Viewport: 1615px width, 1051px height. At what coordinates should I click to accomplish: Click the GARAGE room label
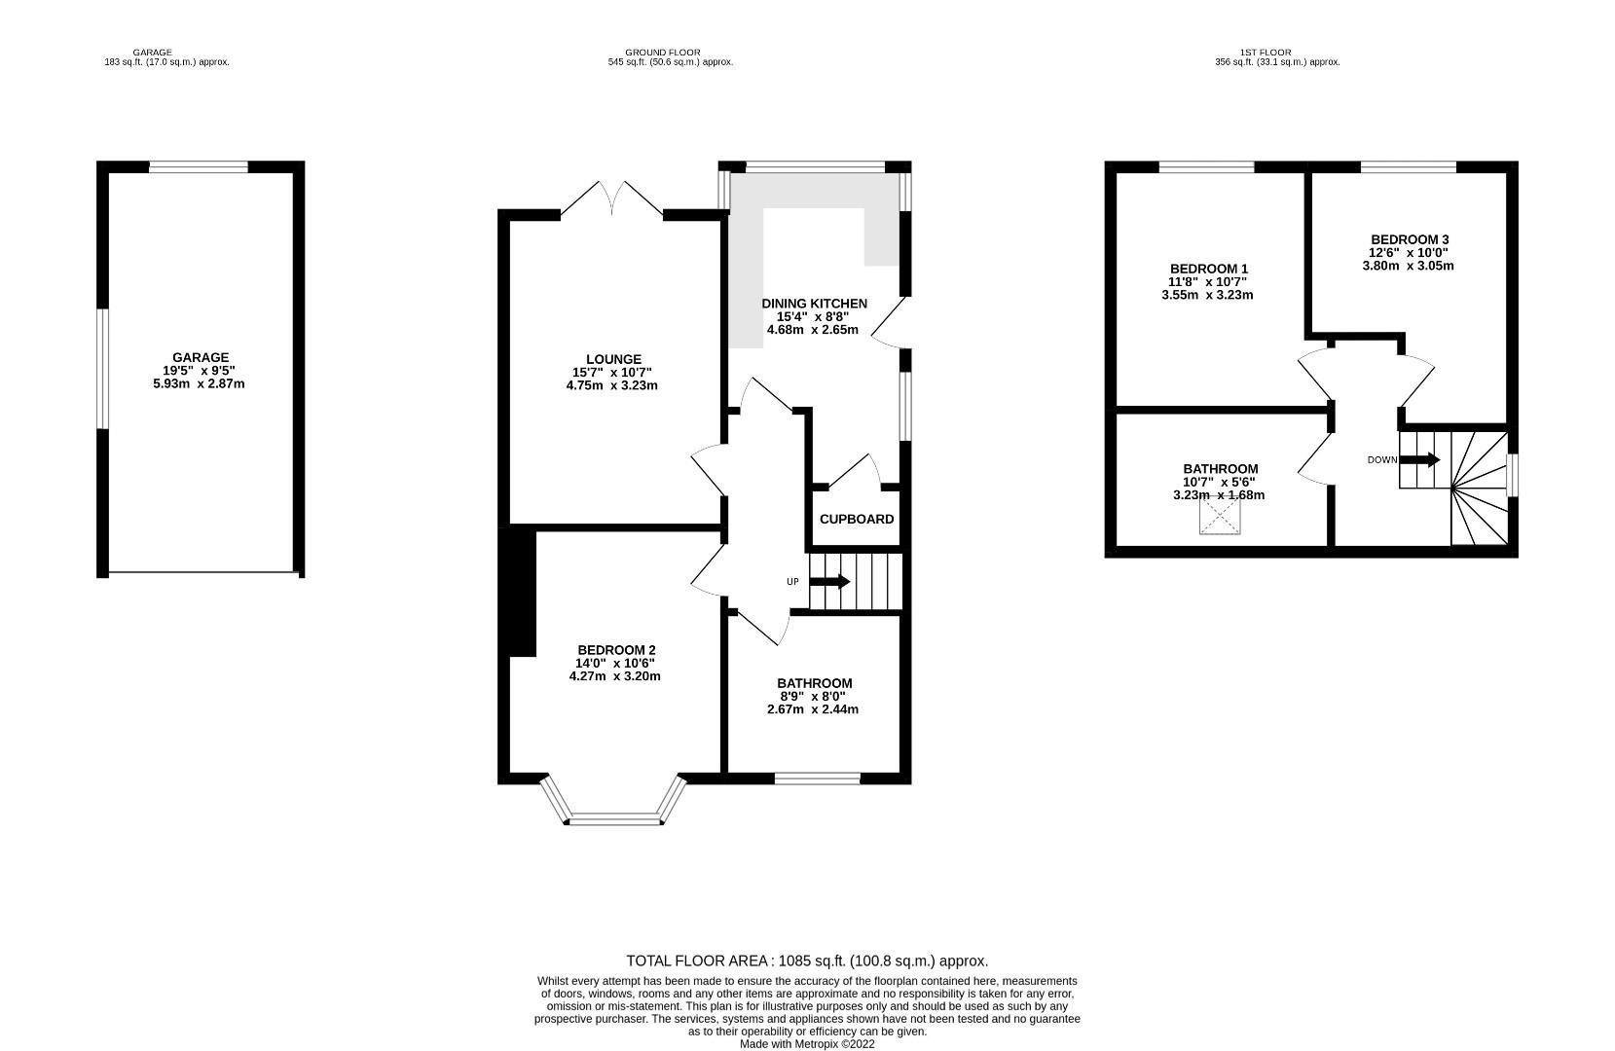[201, 357]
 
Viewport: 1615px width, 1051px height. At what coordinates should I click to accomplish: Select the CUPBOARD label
[856, 520]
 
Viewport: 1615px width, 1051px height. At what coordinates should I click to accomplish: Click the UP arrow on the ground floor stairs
[829, 582]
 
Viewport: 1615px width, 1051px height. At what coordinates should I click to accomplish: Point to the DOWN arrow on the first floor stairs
[1420, 460]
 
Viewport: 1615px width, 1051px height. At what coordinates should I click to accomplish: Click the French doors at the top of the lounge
[612, 198]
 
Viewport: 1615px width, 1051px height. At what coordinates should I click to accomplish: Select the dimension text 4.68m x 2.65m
[812, 330]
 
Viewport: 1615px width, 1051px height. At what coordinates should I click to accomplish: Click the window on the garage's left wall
[102, 368]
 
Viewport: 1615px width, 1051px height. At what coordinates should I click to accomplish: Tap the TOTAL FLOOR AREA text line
[807, 960]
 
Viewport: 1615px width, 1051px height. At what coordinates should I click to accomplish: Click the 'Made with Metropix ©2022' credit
[807, 1044]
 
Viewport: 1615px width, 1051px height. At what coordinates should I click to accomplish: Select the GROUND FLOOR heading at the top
[662, 53]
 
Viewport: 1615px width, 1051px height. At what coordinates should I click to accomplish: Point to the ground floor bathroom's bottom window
[818, 778]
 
